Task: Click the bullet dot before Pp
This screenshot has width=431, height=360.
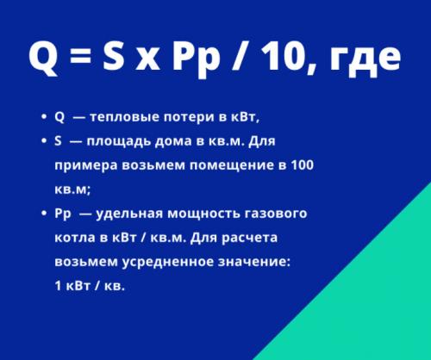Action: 42,214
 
